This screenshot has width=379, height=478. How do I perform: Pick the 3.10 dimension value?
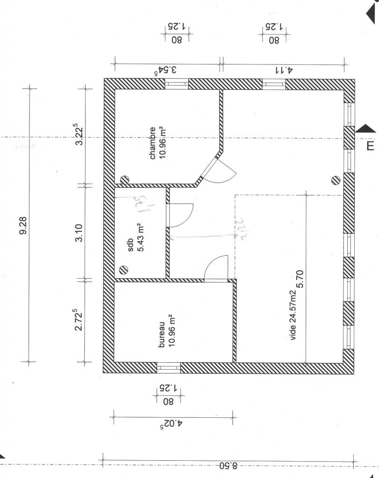tap(79, 232)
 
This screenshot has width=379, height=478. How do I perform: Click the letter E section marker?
tap(370, 146)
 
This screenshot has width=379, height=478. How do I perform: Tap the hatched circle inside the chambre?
tap(124, 179)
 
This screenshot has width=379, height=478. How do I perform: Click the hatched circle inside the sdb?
tap(124, 269)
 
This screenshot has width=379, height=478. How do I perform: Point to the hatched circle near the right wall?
tap(335, 180)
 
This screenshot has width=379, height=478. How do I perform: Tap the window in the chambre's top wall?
tap(177, 84)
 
